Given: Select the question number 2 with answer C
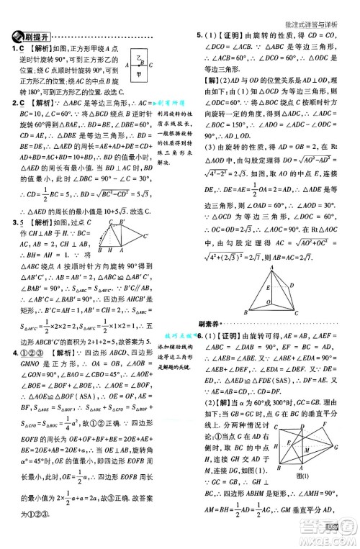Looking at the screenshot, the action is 13,104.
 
